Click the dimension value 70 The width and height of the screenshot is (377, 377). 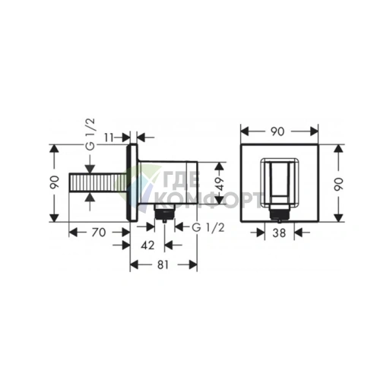click(99, 232)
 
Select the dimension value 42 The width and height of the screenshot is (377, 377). click(147, 245)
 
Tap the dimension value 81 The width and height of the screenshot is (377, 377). click(163, 265)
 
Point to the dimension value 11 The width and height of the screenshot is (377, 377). click(109, 138)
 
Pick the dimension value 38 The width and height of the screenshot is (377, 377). click(279, 233)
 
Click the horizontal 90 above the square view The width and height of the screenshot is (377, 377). click(277, 131)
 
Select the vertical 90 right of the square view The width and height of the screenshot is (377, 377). click(338, 184)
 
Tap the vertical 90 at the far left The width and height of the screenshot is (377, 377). click(55, 182)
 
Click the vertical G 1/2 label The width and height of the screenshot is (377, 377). click(90, 134)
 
